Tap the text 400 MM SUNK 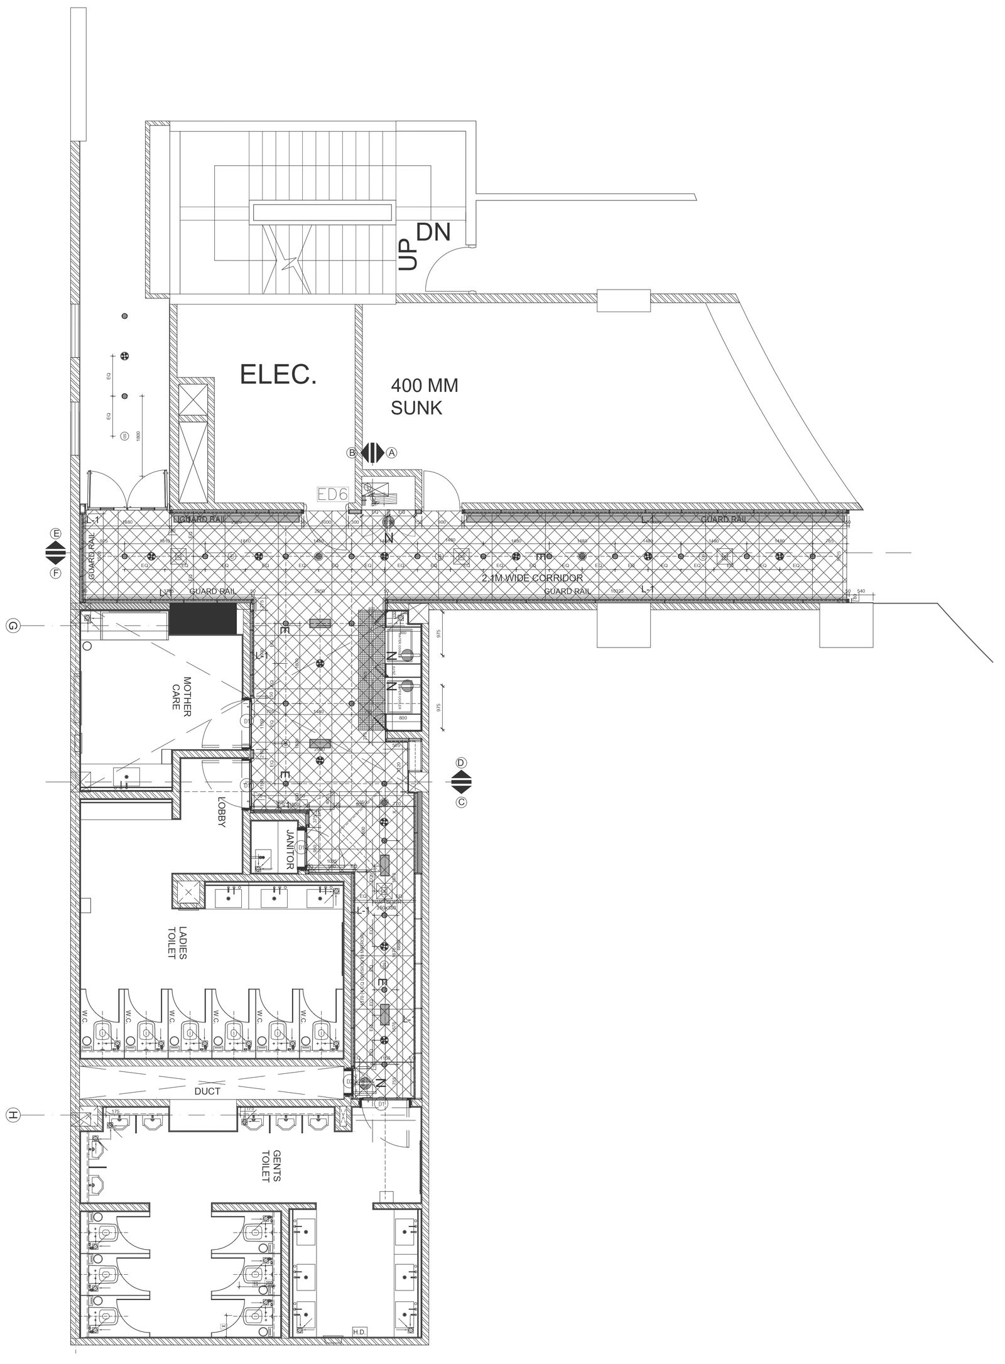point(424,397)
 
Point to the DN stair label point(434,233)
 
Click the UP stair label point(408,254)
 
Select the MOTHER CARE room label point(182,693)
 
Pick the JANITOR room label point(290,850)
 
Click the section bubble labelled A point(392,452)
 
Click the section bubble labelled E point(57,533)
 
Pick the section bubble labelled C point(462,802)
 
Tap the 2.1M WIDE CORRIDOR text point(532,577)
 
